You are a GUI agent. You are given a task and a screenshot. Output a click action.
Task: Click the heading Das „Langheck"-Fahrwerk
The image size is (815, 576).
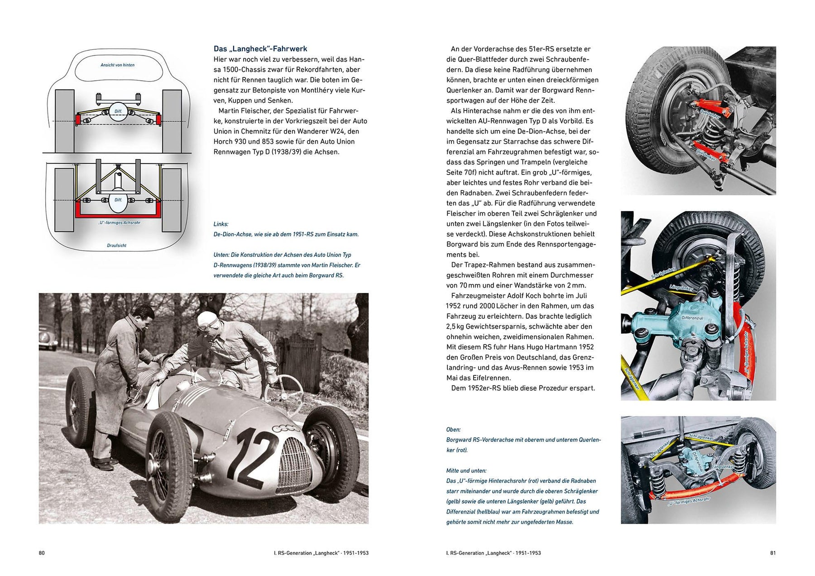[260, 49]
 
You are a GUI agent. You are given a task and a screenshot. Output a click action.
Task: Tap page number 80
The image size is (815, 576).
[42, 553]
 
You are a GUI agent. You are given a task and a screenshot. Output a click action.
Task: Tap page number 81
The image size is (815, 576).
[773, 553]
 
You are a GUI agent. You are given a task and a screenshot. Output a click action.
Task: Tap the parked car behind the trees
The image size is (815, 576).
[48, 337]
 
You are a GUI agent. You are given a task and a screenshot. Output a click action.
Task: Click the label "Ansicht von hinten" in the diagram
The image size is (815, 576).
[117, 65]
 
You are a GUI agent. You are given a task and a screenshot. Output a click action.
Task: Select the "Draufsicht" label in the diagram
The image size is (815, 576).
[116, 245]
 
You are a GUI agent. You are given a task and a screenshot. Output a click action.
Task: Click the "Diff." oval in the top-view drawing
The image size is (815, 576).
[118, 200]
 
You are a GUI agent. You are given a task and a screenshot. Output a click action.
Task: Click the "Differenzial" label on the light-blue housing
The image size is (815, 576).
[692, 318]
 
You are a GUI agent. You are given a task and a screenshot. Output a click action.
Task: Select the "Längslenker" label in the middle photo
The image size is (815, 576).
[681, 288]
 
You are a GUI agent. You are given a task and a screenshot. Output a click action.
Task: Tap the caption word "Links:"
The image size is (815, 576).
[221, 224]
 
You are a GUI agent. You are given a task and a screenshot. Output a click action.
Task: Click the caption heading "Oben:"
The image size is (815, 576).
[453, 429]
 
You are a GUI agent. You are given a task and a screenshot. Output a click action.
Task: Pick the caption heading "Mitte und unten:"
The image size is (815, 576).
[466, 470]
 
